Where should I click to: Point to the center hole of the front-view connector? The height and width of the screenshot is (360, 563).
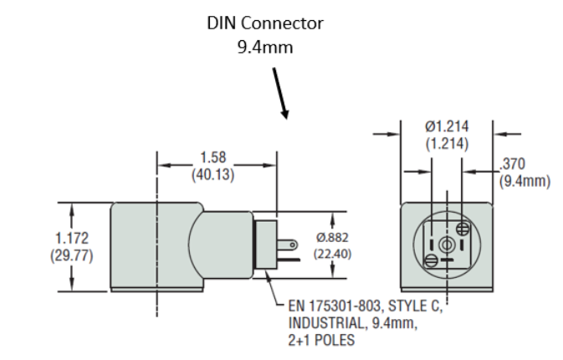point(448,244)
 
